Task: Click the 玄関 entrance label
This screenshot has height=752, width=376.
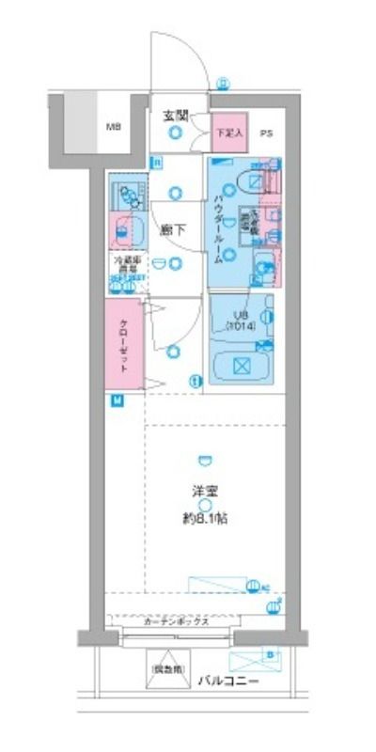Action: click(176, 116)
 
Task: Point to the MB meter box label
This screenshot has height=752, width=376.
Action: click(113, 125)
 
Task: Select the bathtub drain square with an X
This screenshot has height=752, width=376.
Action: click(240, 366)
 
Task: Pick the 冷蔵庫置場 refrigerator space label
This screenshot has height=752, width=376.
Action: click(127, 267)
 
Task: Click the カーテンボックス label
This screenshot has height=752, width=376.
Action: click(176, 622)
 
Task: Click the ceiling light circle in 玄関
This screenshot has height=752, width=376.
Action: click(175, 134)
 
